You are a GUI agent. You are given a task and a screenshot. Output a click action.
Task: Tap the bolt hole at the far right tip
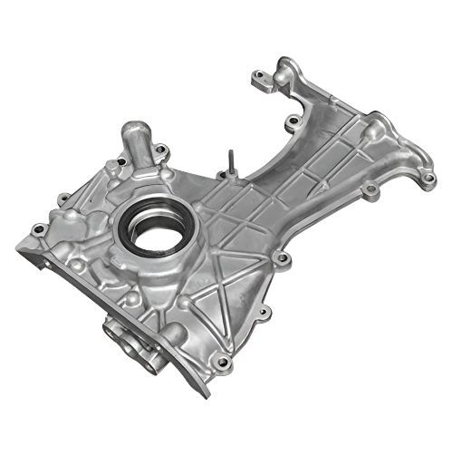427,178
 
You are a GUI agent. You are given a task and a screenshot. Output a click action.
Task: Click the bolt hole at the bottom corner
221,363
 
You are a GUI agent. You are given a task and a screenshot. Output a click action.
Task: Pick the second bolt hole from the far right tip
370,189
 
